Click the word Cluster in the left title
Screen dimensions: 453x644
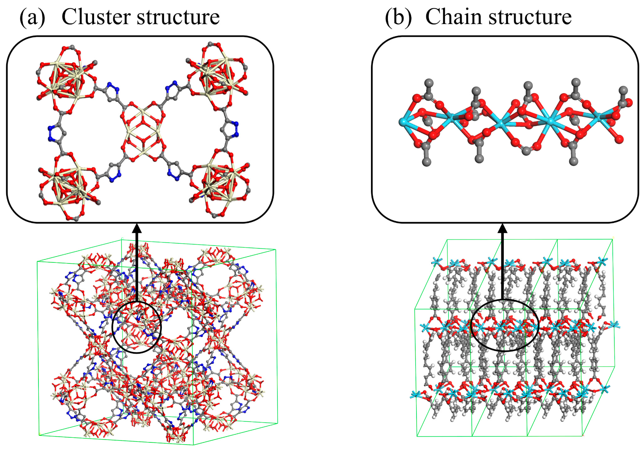[x=97, y=17]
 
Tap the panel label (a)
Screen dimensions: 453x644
[x=32, y=17]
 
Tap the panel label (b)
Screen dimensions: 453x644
[x=398, y=17]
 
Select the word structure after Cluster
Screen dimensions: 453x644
[x=178, y=17]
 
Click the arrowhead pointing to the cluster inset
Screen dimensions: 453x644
[x=137, y=228]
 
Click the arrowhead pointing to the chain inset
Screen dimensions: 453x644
[x=502, y=228]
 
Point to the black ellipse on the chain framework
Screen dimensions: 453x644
[x=505, y=325]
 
